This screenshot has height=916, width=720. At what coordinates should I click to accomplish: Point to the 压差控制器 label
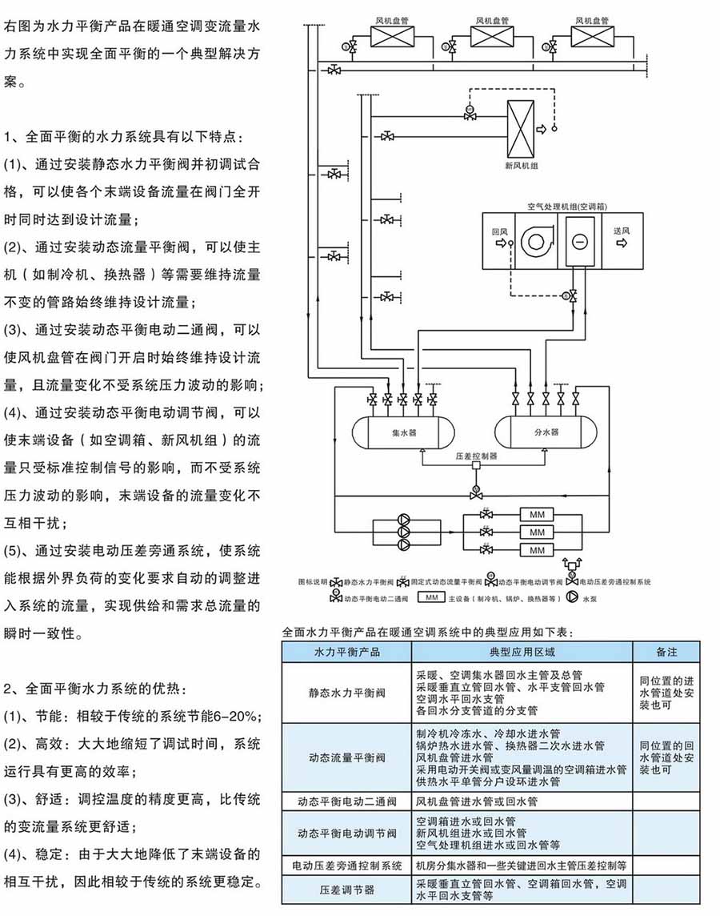point(476,456)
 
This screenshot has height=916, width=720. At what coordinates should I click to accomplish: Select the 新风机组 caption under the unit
point(521,167)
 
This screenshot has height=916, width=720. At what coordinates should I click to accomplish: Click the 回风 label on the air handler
point(499,230)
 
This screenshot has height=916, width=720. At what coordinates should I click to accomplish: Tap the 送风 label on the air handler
point(622,230)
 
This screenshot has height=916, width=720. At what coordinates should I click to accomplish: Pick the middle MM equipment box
point(537,532)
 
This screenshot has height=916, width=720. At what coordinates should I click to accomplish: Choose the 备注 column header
point(666,652)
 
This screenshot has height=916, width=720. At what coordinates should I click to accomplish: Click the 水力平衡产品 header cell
point(347,652)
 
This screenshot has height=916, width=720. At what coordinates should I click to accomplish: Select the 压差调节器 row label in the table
point(347,889)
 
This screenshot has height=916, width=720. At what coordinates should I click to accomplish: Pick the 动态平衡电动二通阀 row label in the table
point(347,800)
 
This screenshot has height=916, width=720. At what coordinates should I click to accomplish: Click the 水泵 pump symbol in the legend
point(572,597)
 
